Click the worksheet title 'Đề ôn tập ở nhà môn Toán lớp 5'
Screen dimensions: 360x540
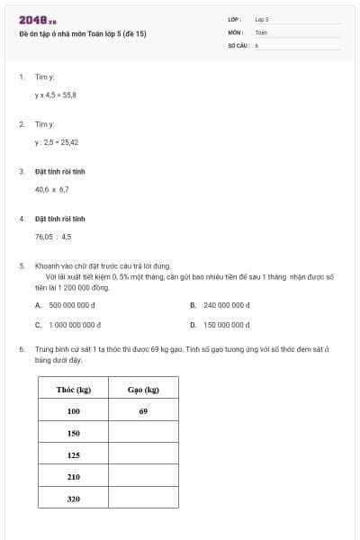tap(82, 34)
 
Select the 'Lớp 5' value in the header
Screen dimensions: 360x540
tap(262, 19)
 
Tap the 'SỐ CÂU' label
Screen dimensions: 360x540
tap(238, 44)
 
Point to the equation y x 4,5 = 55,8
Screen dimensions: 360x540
tap(56, 94)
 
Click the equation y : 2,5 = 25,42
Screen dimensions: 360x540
tap(57, 142)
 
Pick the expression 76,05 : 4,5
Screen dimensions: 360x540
tap(53, 237)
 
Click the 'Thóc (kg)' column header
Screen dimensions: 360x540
tap(73, 390)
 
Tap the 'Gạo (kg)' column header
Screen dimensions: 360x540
tap(143, 390)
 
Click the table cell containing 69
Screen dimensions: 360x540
tap(143, 411)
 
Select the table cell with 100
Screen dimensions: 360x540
tap(73, 411)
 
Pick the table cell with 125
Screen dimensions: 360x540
tap(73, 455)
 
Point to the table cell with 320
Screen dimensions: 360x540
tap(73, 499)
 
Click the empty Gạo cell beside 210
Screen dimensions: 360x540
tap(143, 477)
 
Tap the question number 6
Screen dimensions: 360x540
tap(21, 348)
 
